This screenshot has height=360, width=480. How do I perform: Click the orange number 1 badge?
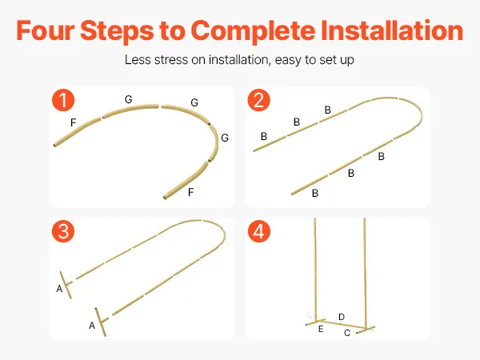tap(63, 100)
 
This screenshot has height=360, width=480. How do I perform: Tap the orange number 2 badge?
tap(258, 100)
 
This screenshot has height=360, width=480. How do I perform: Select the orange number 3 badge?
tap(63, 231)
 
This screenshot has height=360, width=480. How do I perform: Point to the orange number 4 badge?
tap(258, 231)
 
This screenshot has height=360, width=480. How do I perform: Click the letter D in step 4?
tap(342, 317)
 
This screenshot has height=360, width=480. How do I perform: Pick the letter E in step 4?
tap(321, 329)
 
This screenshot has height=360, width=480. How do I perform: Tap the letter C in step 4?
tap(347, 333)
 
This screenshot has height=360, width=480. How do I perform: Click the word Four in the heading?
tap(46, 30)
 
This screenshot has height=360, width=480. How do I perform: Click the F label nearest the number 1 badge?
tap(73, 122)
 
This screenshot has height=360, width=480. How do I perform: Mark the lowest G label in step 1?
tap(225, 138)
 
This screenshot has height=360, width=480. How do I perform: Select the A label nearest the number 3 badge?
tap(59, 289)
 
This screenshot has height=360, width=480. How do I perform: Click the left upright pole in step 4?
tap(315, 270)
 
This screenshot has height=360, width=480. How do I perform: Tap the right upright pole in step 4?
tap(365, 273)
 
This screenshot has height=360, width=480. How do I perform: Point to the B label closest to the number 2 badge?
tap(264, 136)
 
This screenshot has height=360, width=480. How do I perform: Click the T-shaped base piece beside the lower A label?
tap(101, 322)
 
